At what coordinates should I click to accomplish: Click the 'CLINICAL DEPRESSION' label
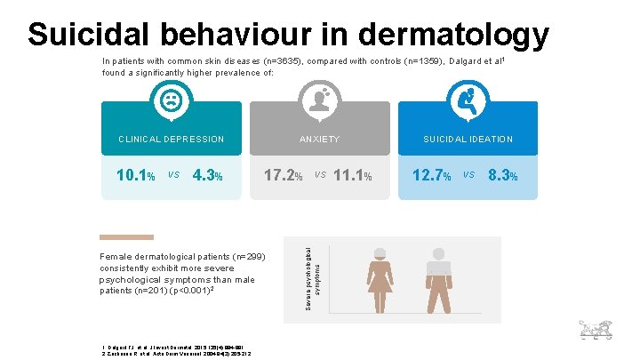(172, 140)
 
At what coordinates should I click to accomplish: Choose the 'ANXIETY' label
(319, 140)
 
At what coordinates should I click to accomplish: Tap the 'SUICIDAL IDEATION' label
(468, 140)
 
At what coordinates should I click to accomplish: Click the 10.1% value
(137, 176)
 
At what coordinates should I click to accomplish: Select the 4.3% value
(206, 176)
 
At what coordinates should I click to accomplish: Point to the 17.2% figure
(285, 176)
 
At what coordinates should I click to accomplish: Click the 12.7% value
(432, 176)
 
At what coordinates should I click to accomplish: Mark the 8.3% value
(503, 176)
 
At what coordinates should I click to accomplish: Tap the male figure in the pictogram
(436, 281)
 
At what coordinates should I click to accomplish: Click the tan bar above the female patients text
(126, 237)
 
